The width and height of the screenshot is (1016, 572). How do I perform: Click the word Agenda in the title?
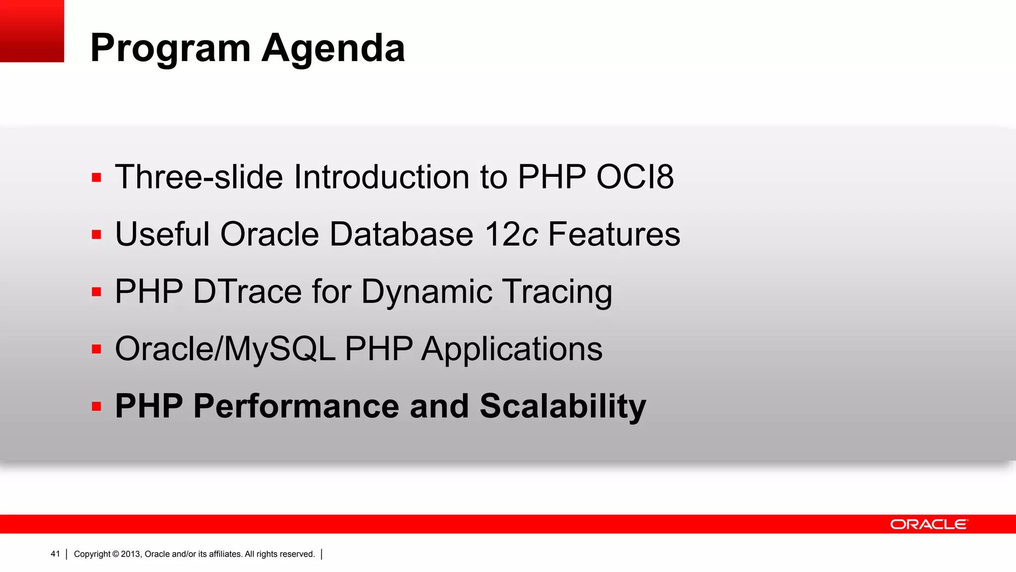[x=333, y=49]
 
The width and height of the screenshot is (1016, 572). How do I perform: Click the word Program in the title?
[x=170, y=49]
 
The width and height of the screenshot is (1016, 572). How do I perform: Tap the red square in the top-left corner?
[x=32, y=31]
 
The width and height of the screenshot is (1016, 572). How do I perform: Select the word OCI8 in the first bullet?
[x=635, y=177]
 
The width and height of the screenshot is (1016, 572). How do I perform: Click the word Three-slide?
[x=198, y=177]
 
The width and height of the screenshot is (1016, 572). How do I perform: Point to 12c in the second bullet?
[x=511, y=234]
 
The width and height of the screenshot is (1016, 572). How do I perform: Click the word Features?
[x=614, y=234]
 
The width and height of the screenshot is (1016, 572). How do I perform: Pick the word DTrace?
[x=247, y=291]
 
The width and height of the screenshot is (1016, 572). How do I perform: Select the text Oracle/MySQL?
[x=225, y=349]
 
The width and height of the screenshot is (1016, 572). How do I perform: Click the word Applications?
[x=511, y=349]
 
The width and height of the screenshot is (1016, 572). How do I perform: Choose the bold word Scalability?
[x=563, y=406]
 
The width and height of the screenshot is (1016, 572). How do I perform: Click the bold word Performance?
[x=296, y=406]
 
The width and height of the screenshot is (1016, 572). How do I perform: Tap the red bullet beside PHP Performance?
[x=96, y=407]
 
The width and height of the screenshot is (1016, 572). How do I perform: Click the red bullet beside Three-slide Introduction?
[x=96, y=177]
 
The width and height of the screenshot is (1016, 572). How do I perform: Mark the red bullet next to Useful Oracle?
[x=96, y=234]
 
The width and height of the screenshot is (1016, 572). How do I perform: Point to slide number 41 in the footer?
[x=55, y=554]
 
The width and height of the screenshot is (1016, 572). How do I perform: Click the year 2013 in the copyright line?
[x=131, y=554]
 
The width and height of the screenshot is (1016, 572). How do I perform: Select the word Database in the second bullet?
[x=401, y=234]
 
